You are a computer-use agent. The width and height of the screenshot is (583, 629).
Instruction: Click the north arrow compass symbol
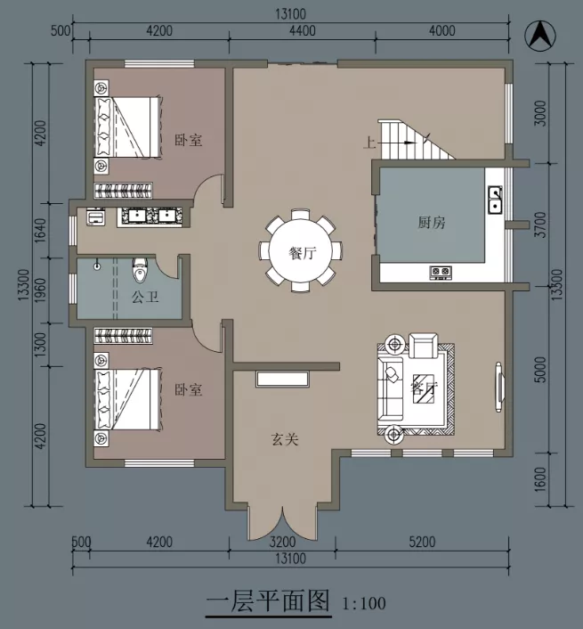click(x=540, y=36)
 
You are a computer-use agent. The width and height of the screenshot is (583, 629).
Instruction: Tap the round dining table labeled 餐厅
click(x=300, y=252)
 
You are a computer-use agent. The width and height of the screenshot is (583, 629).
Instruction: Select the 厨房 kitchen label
click(x=432, y=222)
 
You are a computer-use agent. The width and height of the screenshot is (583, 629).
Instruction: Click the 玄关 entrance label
click(x=285, y=439)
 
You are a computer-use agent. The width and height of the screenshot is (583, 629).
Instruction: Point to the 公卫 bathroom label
click(x=145, y=297)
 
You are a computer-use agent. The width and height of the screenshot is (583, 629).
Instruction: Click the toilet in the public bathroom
click(x=140, y=270)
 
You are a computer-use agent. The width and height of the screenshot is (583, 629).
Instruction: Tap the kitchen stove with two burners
click(x=441, y=272)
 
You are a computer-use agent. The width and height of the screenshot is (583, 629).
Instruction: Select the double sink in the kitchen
click(x=495, y=200)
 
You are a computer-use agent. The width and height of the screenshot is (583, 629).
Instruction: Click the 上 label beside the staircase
click(x=369, y=143)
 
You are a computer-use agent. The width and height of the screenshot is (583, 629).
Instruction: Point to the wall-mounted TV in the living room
click(x=499, y=387)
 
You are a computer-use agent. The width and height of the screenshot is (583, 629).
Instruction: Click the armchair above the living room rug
click(x=423, y=345)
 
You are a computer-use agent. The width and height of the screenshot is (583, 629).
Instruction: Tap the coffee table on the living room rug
click(x=424, y=388)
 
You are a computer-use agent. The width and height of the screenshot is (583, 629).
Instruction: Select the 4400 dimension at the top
click(x=303, y=30)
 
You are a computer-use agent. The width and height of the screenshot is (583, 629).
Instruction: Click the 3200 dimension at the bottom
click(x=282, y=542)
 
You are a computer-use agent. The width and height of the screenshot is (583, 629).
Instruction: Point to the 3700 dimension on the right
click(x=540, y=225)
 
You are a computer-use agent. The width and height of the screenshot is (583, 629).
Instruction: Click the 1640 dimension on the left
click(x=40, y=230)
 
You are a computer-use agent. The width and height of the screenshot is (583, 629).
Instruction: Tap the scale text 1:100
click(x=364, y=604)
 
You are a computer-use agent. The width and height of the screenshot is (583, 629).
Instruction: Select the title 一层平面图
click(x=268, y=600)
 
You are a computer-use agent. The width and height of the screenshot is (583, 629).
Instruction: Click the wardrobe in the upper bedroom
click(x=123, y=191)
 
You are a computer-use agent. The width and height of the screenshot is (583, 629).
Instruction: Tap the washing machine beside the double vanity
click(x=96, y=217)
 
